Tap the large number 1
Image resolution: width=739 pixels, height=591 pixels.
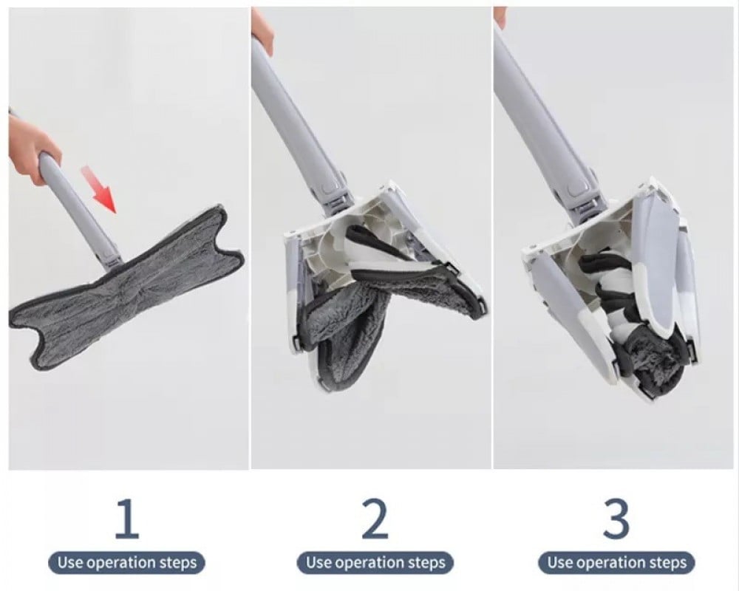coord(127,519)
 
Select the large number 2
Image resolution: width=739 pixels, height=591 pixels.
coord(375,519)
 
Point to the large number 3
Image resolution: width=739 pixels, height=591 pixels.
coord(616,519)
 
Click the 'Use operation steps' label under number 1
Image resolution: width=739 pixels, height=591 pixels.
coord(127,563)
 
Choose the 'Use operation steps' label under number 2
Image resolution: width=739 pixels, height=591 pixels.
coord(375,563)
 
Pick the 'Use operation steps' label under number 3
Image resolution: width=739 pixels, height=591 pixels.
coord(616,563)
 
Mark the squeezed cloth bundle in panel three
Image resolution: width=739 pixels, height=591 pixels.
coord(655,363)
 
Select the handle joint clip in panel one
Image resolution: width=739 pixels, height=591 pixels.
coord(112,257)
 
